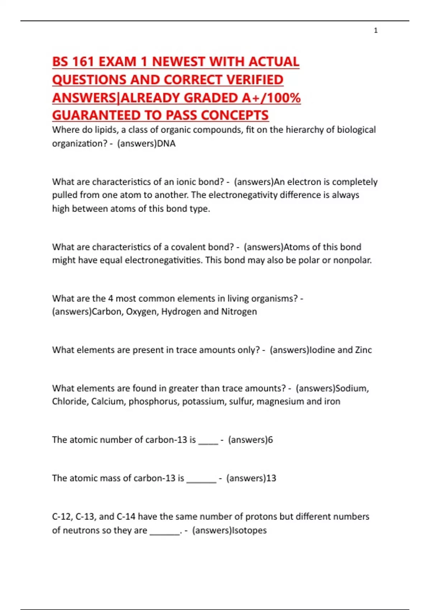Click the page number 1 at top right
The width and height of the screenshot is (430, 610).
coord(376,30)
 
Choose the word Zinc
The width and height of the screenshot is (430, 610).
coord(363,350)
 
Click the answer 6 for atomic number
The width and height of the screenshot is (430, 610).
coord(270,440)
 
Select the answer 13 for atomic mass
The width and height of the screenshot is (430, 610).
coord(271,478)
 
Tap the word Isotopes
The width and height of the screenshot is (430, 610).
coord(249,530)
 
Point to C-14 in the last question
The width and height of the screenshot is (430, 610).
coord(126,517)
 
